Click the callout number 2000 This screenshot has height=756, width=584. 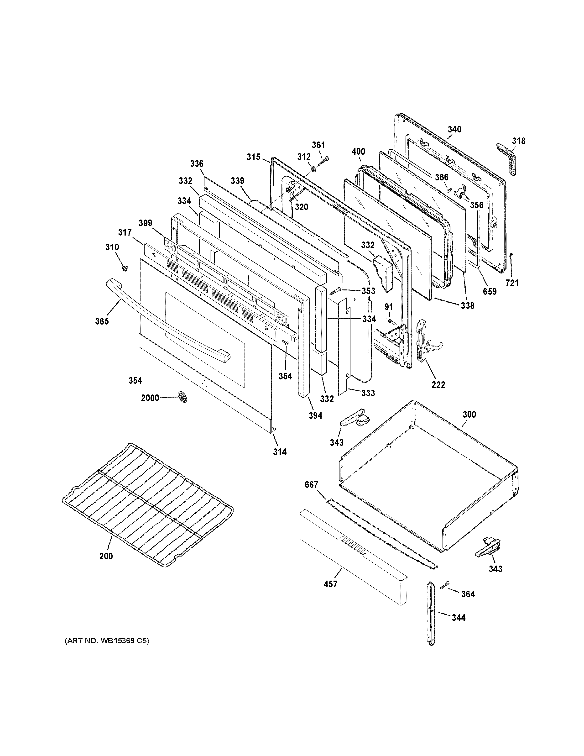point(150,398)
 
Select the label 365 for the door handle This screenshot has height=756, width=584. point(102,321)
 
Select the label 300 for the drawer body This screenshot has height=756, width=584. point(469,414)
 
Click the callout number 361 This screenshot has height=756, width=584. point(318,145)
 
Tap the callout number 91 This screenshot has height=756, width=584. point(389,307)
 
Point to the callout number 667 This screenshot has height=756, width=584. point(311,485)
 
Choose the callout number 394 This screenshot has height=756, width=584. point(316,415)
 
